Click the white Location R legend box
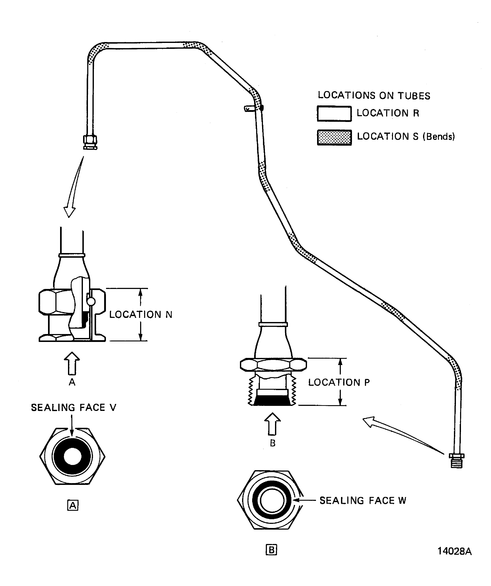tap(334, 114)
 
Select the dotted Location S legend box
tap(334, 137)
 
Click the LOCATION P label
tap(339, 382)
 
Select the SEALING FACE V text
tap(73, 408)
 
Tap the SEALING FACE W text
tap(362, 501)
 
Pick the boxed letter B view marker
tap(271, 550)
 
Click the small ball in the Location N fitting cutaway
tap(91, 301)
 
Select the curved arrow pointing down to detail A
tap(74, 187)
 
